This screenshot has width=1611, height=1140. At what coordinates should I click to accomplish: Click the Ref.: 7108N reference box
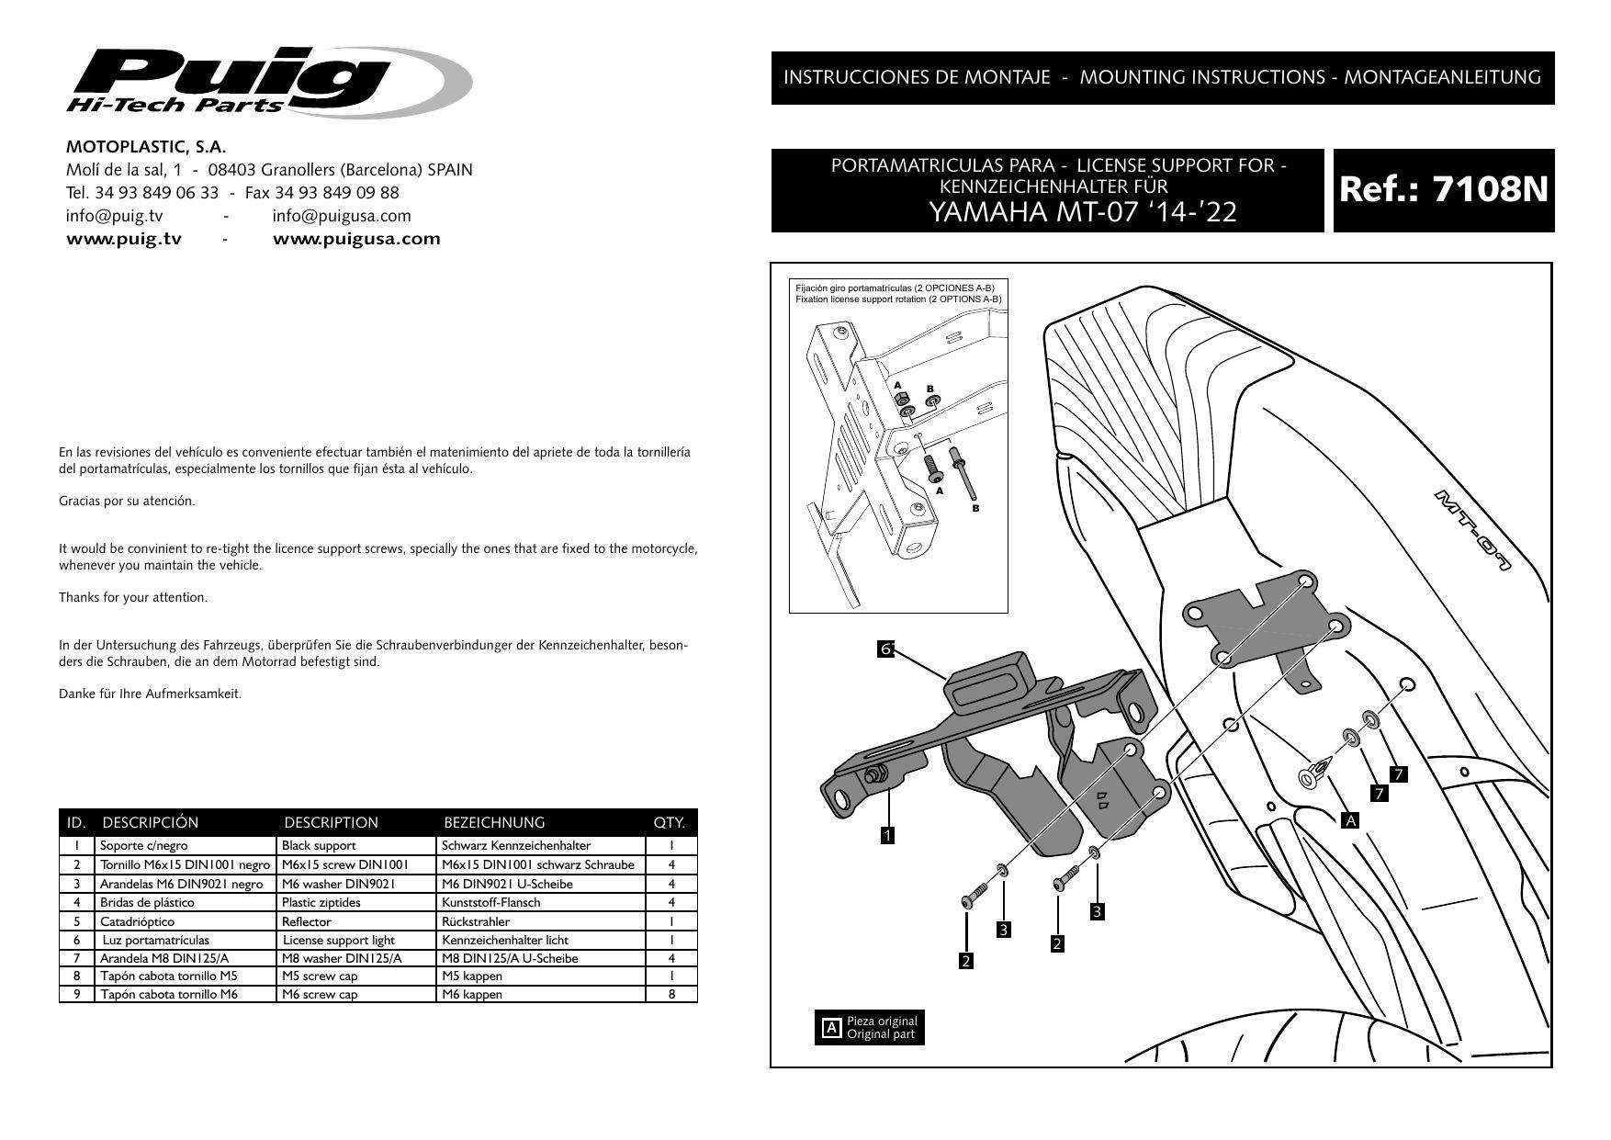click(1443, 190)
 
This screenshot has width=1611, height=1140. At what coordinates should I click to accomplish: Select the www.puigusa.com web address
click(356, 239)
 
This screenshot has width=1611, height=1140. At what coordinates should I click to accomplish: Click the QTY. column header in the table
click(670, 822)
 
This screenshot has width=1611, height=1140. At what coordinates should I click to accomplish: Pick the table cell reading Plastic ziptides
click(321, 902)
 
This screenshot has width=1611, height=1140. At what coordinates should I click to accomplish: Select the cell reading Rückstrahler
click(476, 921)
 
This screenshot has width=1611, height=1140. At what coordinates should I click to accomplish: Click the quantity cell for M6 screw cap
click(671, 994)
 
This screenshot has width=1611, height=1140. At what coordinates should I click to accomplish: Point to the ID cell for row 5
click(77, 921)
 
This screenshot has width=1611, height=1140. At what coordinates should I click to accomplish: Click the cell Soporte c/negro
click(137, 845)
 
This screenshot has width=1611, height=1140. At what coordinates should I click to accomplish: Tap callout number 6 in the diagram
click(886, 649)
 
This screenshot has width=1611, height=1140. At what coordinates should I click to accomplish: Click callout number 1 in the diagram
click(887, 835)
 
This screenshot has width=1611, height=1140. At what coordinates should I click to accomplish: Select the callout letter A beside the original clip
click(1349, 819)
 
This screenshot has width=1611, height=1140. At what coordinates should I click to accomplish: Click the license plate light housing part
click(987, 683)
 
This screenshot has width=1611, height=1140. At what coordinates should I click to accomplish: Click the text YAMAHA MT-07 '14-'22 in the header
click(1083, 213)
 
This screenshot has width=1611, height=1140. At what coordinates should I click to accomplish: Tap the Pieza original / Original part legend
click(871, 1027)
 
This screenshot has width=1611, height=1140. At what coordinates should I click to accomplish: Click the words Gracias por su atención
click(127, 501)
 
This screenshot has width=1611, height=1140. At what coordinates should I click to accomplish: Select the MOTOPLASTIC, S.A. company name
click(146, 147)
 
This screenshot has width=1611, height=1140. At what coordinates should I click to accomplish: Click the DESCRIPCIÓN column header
click(151, 822)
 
